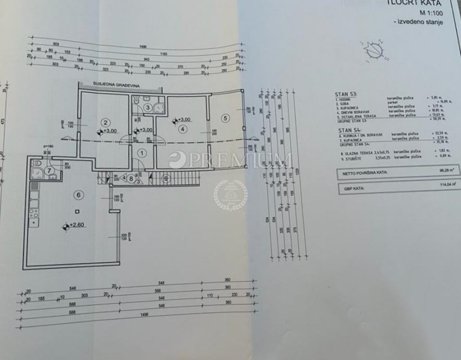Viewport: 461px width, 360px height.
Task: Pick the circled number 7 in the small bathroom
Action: (48, 170)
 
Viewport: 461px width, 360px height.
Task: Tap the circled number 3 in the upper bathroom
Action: (148, 108)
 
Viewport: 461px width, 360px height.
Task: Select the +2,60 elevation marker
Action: (75, 226)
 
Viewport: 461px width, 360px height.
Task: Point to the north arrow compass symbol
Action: (374, 51)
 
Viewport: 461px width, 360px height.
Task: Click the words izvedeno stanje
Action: (417, 22)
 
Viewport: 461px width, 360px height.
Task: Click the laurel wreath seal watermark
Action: (230, 195)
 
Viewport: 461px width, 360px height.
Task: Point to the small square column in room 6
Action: (77, 211)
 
